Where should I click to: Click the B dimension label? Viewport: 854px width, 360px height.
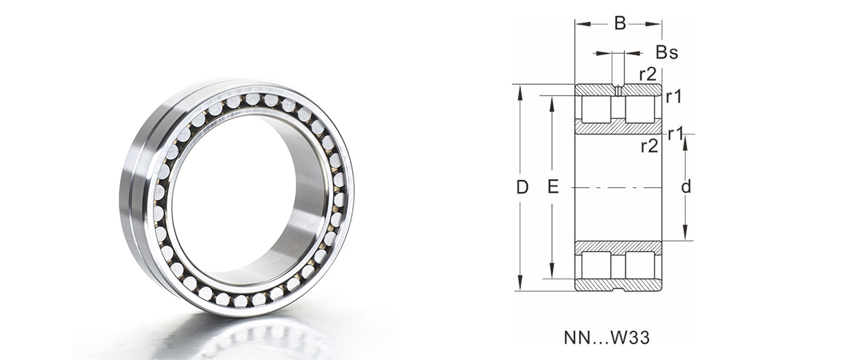tap(620, 23)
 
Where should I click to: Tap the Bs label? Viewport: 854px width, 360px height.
tap(667, 52)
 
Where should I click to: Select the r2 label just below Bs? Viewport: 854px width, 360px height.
tap(648, 74)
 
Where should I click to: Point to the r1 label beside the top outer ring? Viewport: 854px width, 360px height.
tap(674, 97)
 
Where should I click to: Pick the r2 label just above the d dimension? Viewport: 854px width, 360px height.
tap(650, 146)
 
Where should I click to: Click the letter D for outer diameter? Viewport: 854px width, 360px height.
tap(522, 187)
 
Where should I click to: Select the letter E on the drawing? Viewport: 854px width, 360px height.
tap(553, 187)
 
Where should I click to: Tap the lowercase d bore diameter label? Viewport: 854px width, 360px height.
tap(686, 187)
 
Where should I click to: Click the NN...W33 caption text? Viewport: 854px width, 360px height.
tap(607, 338)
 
